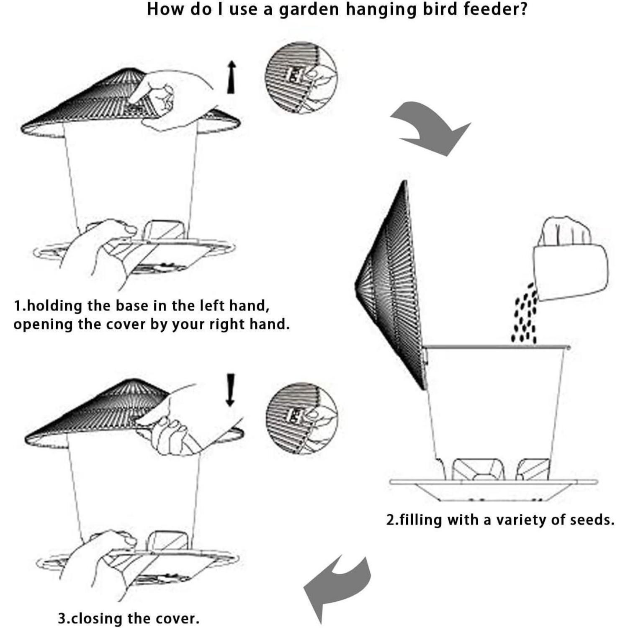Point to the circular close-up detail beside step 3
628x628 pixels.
pos(301,418)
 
